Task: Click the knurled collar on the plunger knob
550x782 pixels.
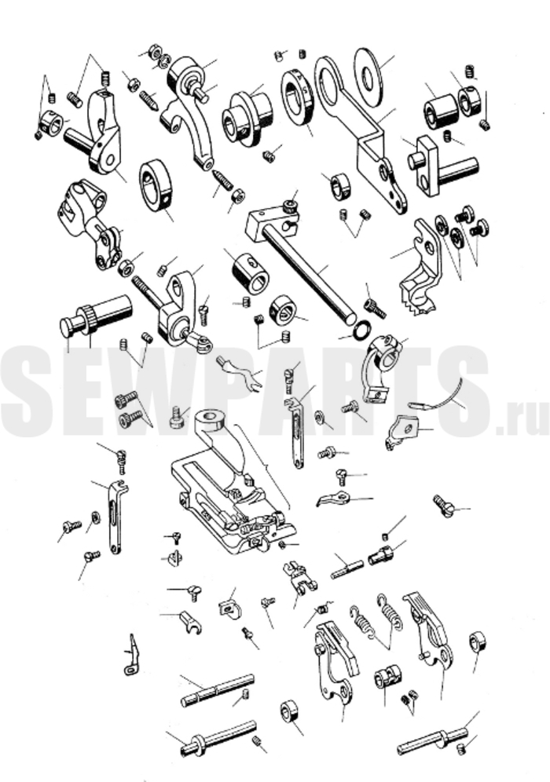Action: tap(89, 320)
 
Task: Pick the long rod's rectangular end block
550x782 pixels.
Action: tap(273, 219)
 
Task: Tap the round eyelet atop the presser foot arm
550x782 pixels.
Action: tap(210, 422)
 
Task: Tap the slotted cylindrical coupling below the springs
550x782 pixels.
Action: tap(388, 676)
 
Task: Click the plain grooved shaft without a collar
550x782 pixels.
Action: tap(218, 690)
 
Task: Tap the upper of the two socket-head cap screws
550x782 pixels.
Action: tap(125, 400)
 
